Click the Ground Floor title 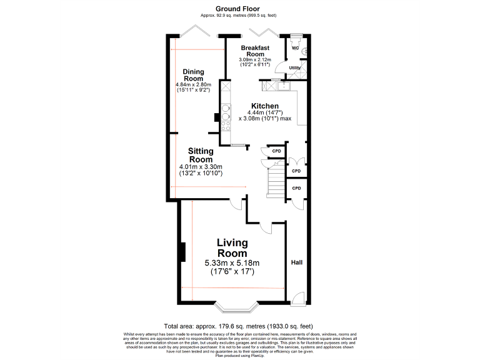(237, 8)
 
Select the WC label (295, 47)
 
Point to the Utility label (296, 67)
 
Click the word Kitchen (265, 106)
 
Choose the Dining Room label (193, 75)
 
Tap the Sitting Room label (201, 156)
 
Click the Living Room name (232, 248)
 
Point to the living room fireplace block (181, 252)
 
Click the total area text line (237, 326)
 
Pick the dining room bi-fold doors (199, 31)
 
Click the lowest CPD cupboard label (296, 188)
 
